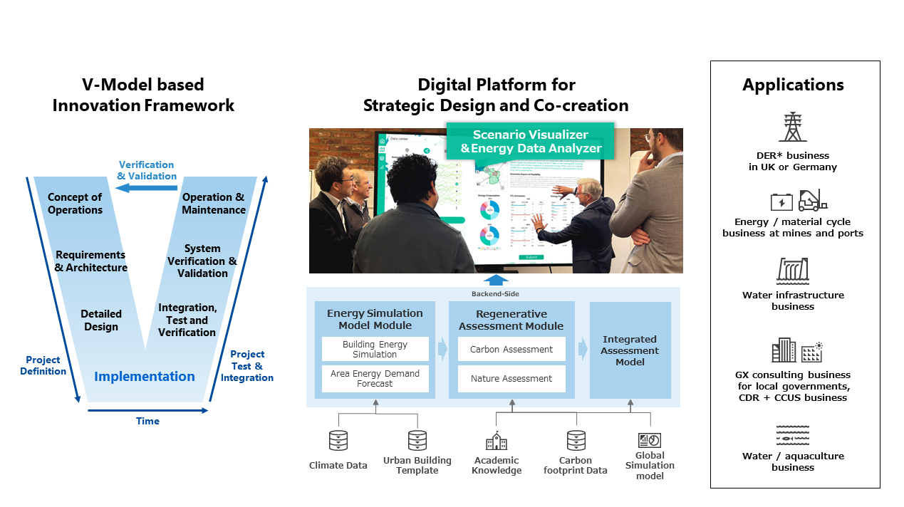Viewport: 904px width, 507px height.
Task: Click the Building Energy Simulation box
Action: (x=375, y=349)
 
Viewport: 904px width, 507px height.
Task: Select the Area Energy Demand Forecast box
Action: (x=375, y=378)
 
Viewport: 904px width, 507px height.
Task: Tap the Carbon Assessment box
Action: (x=511, y=349)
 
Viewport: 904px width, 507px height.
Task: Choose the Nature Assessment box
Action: (x=511, y=378)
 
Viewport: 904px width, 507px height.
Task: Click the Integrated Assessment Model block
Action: (x=630, y=350)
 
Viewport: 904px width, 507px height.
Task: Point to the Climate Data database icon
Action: (x=338, y=441)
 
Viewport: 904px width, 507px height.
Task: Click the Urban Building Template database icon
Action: (x=417, y=440)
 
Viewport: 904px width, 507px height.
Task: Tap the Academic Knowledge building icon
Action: (x=497, y=441)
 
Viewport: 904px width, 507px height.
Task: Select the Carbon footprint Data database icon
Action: (x=576, y=440)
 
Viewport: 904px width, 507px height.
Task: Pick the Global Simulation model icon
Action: (x=649, y=440)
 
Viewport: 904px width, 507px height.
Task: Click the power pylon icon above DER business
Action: (x=792, y=127)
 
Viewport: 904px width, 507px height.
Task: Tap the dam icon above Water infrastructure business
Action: (x=792, y=271)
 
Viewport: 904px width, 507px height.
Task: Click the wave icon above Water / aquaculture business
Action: (x=792, y=434)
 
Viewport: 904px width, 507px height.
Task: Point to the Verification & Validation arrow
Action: (x=146, y=187)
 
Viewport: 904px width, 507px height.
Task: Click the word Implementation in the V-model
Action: (x=145, y=377)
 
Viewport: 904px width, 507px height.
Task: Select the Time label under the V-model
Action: (x=147, y=421)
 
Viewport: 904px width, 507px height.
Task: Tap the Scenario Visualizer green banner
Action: (x=530, y=141)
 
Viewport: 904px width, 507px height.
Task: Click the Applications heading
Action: (x=793, y=85)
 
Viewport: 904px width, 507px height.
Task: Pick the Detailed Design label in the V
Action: (x=101, y=320)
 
